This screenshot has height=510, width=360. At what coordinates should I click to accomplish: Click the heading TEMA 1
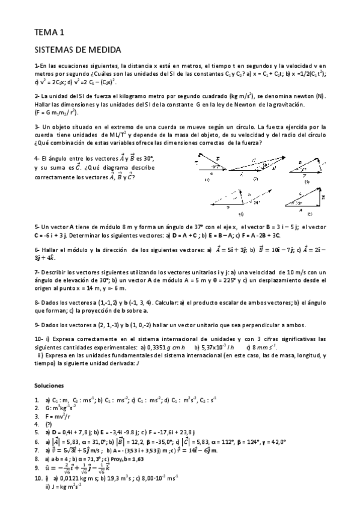click(x=49, y=32)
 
